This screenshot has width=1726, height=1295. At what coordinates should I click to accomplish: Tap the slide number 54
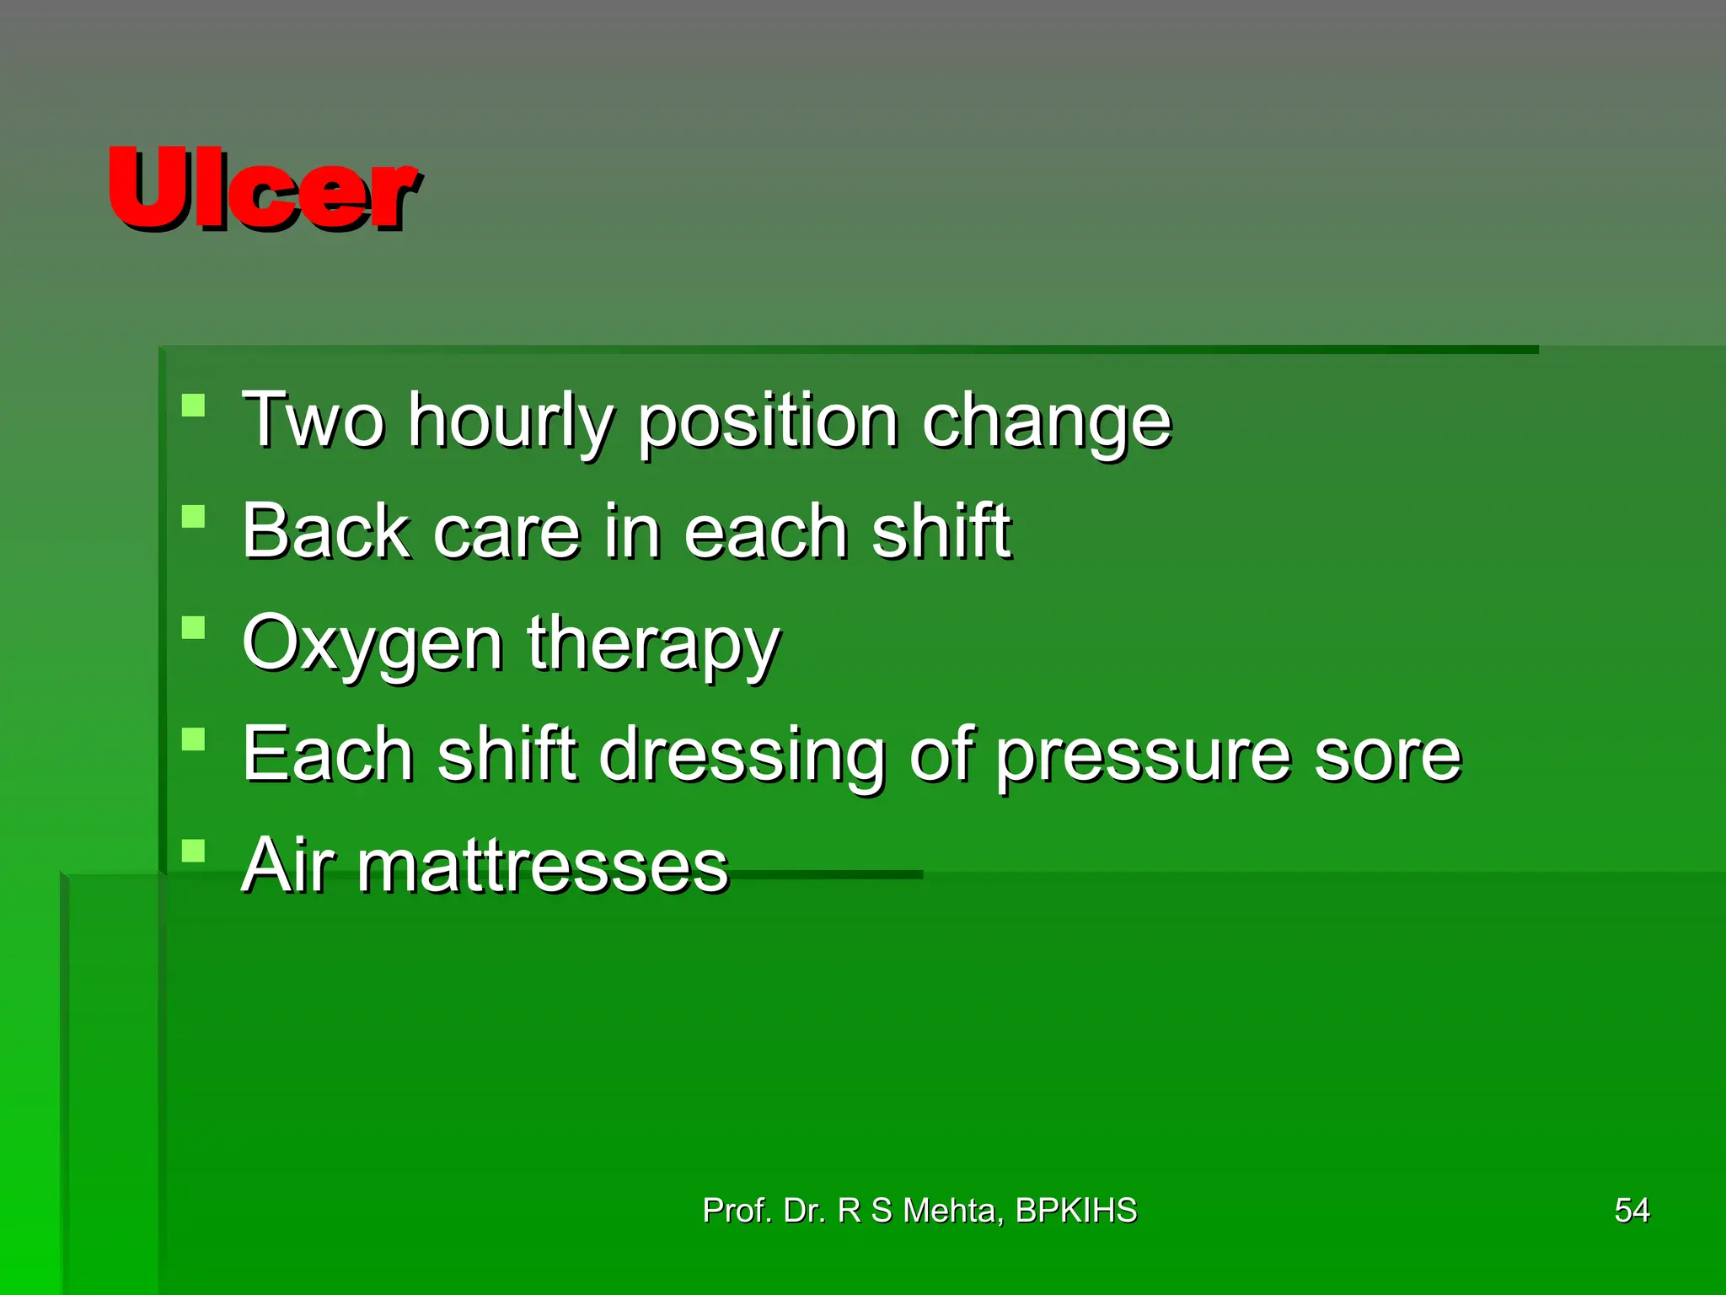(x=1632, y=1211)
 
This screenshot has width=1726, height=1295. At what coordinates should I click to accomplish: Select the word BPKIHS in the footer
(x=1076, y=1211)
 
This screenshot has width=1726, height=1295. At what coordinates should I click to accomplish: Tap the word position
(x=768, y=422)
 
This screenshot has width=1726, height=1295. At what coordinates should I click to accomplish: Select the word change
(x=1047, y=422)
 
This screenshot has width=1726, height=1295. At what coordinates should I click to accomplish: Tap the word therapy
(x=654, y=645)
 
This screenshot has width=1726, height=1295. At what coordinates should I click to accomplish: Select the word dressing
(x=742, y=755)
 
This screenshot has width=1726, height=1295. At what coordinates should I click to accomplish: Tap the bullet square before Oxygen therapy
(x=194, y=628)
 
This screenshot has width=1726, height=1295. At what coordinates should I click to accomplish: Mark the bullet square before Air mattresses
(x=194, y=851)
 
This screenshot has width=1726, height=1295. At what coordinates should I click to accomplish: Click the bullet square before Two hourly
(x=194, y=406)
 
